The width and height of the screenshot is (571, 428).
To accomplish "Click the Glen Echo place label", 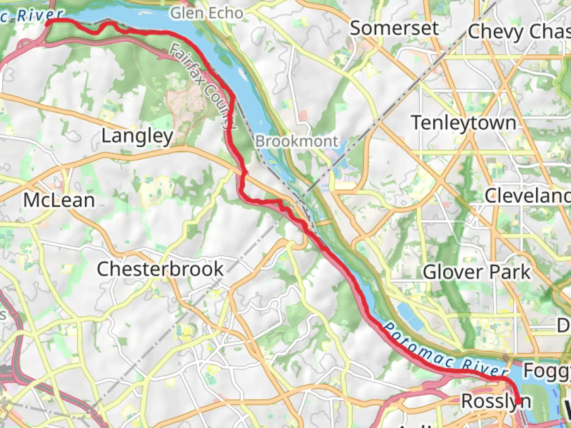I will [x=207, y=13].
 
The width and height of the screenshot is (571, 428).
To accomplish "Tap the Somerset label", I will [x=394, y=29].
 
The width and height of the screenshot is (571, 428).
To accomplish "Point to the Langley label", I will [x=137, y=136].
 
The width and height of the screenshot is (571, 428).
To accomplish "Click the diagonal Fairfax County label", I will [x=203, y=86].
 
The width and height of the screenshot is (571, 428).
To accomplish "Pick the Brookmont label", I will [x=297, y=141].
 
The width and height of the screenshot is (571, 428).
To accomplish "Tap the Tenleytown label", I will [x=463, y=123].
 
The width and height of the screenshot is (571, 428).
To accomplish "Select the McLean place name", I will [x=59, y=200].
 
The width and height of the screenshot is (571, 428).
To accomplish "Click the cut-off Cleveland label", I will [x=527, y=195].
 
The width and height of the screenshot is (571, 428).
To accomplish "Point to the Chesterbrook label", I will [x=160, y=269].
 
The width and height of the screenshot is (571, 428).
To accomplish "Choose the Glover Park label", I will [x=476, y=272].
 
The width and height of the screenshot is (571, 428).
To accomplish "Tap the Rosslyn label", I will [x=496, y=401].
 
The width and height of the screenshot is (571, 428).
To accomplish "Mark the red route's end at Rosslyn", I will [x=518, y=402].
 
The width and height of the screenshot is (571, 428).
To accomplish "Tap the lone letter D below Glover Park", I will [x=563, y=326].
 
